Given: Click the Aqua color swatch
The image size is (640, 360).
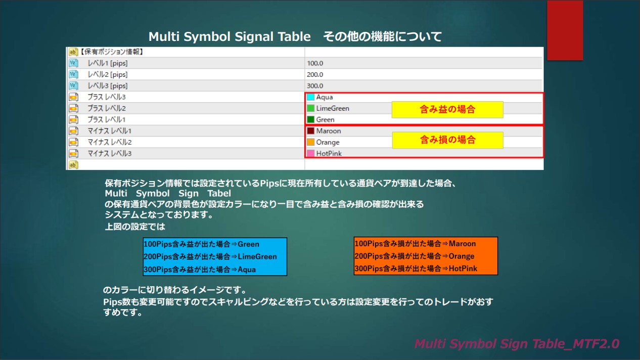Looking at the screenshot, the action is pos(310,97).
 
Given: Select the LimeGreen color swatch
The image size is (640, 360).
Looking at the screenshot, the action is pos(310,108).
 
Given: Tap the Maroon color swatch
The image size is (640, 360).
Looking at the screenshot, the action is pos(310,131).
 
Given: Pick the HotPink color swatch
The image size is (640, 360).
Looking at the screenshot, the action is pos(310,153).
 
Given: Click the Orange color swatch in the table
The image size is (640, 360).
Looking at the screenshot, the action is pos(310,142).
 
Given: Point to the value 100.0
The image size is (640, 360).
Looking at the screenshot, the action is pos(315,63).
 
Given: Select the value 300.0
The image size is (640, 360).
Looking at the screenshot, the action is pos(315,86).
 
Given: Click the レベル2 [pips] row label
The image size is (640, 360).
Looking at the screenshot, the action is pos(108,74).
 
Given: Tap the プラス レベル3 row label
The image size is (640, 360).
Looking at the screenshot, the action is pos(106,97).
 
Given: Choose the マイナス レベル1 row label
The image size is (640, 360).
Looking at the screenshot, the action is pos(109,131).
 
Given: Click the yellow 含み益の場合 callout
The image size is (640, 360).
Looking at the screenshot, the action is pos(447,109).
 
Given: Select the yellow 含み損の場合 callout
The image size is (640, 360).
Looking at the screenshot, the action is pos(448,140).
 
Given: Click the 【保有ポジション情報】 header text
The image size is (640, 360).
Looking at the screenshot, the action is pos(111,52).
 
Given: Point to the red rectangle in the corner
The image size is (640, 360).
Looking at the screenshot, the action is pos(565,30).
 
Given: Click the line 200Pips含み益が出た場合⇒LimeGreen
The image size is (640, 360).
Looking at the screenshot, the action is pos(210,256).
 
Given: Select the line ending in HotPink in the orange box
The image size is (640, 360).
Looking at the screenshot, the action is pos(416,268).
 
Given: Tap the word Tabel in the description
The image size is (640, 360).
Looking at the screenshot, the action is pos(219,194).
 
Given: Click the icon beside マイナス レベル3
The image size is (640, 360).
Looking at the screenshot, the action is pos(73,153).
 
